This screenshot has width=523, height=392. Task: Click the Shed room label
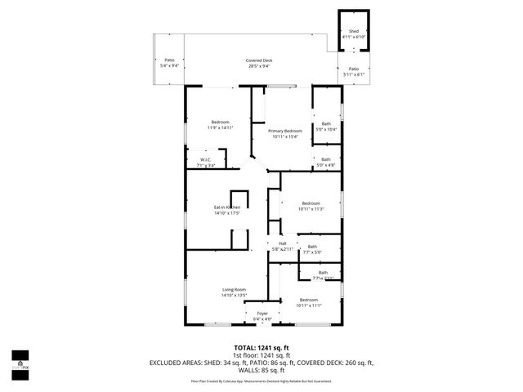[x=353, y=31]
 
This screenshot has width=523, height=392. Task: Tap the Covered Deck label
[x=262, y=61]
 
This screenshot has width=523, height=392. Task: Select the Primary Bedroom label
[x=285, y=131]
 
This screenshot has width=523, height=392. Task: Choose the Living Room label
[x=234, y=290]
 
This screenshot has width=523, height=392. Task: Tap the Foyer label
[x=262, y=314]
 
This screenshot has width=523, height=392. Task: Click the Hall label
[x=283, y=243]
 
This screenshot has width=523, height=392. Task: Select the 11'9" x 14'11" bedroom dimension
[x=220, y=128]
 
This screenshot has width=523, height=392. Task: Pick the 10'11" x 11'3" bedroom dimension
[x=311, y=209]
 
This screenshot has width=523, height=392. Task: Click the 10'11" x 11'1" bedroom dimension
[x=309, y=305]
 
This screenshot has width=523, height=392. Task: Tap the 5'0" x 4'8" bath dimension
[x=326, y=165]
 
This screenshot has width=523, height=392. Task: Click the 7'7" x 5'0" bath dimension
[x=312, y=252]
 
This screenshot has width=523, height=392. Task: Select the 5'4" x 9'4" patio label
[x=169, y=65]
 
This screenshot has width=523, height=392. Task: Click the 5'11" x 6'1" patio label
[x=353, y=74]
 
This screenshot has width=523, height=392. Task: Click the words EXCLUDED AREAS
[x=177, y=363]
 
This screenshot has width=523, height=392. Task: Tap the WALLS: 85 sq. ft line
[x=261, y=370]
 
